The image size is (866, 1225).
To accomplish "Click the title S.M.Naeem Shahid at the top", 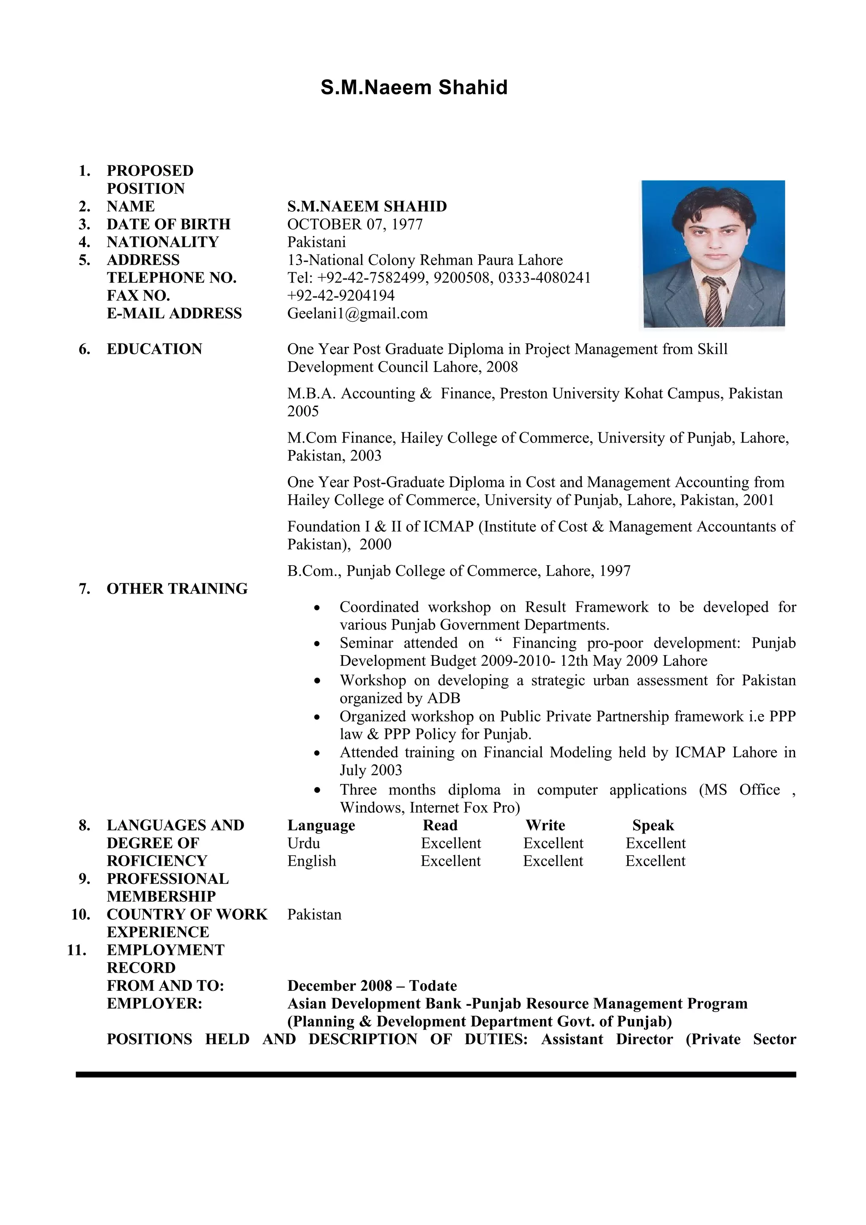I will coord(414,87).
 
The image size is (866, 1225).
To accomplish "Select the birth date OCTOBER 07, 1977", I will coord(355,224).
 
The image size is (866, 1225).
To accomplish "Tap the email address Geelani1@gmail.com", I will coord(357,313).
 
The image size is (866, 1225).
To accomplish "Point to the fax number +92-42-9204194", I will coord(341,295).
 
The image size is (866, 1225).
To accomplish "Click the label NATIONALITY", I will coord(163,242).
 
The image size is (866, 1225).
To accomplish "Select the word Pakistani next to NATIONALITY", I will coord(316,242).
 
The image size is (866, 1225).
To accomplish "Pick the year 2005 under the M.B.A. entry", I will coord(303,411).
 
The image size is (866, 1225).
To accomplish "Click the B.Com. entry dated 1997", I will coord(459,571).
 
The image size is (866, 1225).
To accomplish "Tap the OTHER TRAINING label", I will coord(177,588).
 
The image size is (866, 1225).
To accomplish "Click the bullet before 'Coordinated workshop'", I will coord(318,608).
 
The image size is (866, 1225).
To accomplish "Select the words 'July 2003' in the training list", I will coord(371,771).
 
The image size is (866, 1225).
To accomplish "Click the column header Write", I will coord(545,826).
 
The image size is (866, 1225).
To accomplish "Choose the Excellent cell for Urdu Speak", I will coord(656,844).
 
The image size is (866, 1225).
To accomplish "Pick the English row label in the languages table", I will coord(312,861).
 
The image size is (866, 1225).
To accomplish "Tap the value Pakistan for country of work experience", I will coord(314,914).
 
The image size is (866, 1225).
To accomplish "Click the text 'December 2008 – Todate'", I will coord(372,986).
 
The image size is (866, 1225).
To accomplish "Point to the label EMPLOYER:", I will coord(154,1004).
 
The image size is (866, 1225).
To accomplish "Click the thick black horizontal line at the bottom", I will coord(436,1075).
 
